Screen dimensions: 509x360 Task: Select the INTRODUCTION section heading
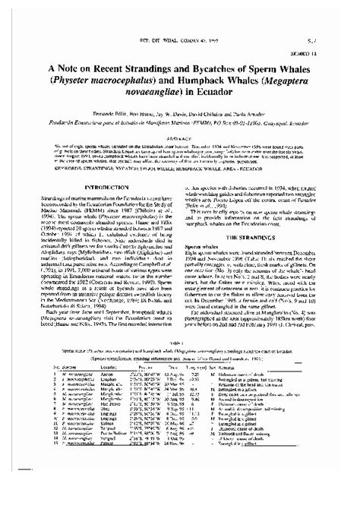point(106,185)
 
